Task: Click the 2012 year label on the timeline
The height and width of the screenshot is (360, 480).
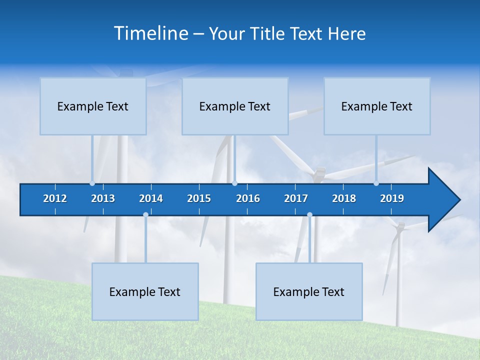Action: coord(55,198)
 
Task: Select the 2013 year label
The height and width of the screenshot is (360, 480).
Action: coord(103,198)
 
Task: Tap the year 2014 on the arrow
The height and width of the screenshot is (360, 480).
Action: coord(151,198)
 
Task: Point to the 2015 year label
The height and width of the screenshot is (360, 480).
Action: coord(199,198)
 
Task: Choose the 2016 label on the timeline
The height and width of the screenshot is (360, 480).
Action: coord(248,198)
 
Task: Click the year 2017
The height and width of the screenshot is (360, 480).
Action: coord(296,198)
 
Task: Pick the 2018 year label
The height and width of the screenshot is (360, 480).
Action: coord(344,198)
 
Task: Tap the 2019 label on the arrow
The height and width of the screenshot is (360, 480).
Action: coord(392,198)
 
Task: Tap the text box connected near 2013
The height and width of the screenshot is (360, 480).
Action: coord(93,106)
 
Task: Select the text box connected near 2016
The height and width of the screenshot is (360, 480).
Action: coord(235,106)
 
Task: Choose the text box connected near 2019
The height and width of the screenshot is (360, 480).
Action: coord(377,106)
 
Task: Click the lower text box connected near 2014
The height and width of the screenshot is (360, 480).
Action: coord(145,291)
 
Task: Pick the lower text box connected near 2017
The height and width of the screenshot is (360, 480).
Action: coord(309,291)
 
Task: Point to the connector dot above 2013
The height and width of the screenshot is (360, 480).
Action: coord(92,183)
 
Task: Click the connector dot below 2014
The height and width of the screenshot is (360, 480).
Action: coord(145,215)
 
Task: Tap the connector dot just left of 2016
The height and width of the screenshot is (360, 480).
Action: coord(234,183)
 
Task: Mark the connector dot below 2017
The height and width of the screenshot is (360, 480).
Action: coord(309,215)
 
